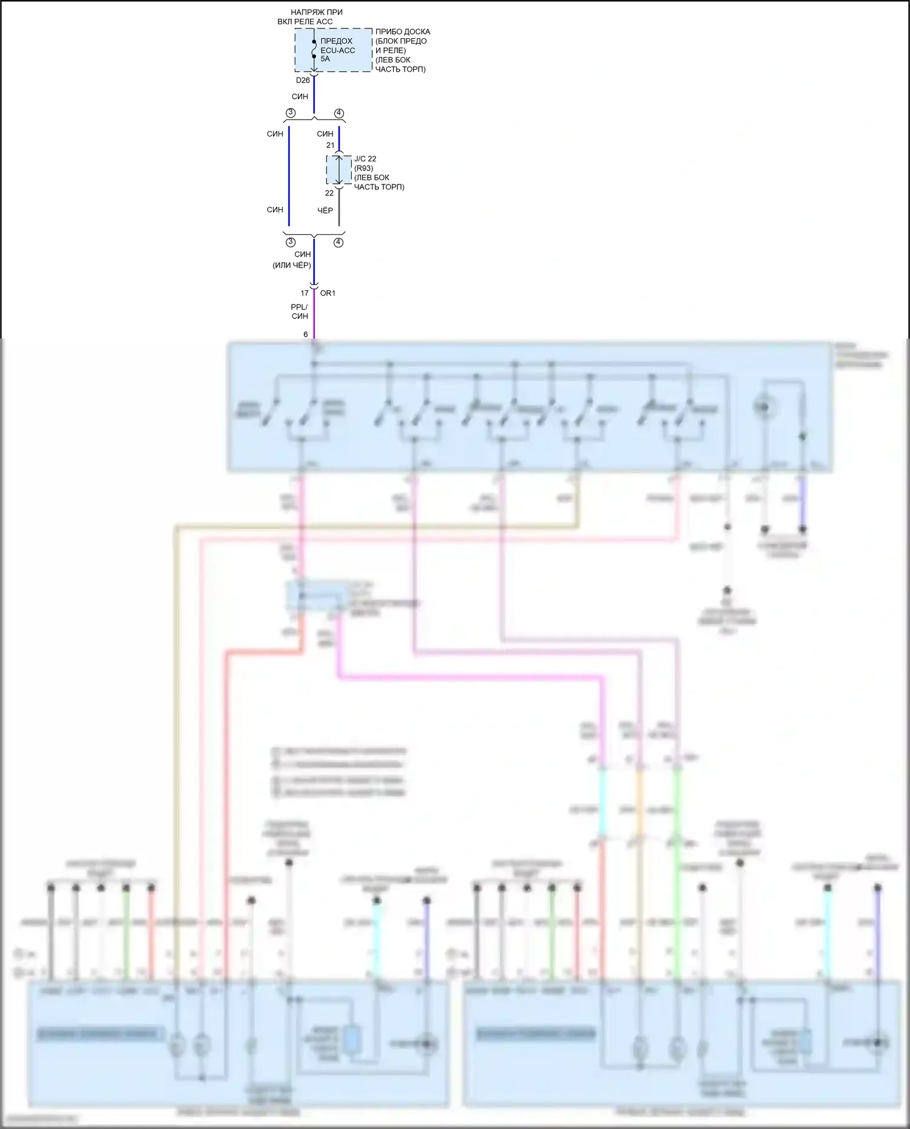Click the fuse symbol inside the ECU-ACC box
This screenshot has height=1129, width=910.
click(x=314, y=49)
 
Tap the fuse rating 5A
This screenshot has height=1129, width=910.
click(x=325, y=59)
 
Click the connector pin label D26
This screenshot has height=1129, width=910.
click(x=303, y=80)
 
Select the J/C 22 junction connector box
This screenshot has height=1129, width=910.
click(x=339, y=170)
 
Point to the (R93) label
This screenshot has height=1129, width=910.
click(x=363, y=168)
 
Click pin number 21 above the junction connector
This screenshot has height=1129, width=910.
click(x=330, y=145)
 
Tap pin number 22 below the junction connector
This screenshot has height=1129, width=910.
click(x=329, y=193)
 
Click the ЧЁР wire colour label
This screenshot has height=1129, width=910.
click(x=325, y=211)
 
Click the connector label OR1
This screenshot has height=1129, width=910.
click(x=328, y=293)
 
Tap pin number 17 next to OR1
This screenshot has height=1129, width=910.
click(x=305, y=293)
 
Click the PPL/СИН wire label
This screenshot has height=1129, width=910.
click(x=300, y=311)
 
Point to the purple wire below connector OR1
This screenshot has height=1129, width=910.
click(x=314, y=312)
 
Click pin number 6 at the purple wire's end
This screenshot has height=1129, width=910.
click(x=306, y=334)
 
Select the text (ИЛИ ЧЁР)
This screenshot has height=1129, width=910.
click(x=292, y=265)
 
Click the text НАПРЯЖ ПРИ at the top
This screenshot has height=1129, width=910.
click(x=316, y=12)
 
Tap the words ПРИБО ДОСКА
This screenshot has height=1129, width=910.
click(x=403, y=32)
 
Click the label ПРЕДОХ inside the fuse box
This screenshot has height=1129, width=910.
click(x=336, y=41)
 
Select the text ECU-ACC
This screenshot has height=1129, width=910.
click(x=338, y=50)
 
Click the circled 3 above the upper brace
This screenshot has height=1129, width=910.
click(x=291, y=113)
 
